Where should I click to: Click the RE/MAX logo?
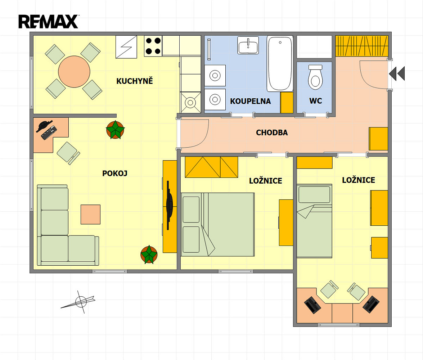tap(49, 22)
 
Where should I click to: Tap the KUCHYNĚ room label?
tap(135, 81)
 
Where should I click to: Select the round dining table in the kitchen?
tap(74, 72)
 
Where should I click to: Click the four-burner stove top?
tap(153, 46)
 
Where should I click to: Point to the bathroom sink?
tap(248, 45)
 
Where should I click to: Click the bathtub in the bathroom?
tap(280, 64)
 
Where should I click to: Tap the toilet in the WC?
tap(315, 77)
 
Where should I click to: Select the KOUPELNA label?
tap(250, 101)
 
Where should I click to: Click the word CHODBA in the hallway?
tap(272, 132)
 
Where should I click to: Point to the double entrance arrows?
tap(397, 73)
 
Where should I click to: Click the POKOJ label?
tap(114, 173)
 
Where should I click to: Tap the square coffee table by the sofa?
tap(91, 215)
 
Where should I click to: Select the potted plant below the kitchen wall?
tap(115, 130)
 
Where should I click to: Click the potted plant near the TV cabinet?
tap(149, 255)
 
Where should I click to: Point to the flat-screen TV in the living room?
tap(169, 206)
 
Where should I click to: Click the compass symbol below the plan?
tap(80, 301)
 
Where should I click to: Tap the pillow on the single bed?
tap(314, 194)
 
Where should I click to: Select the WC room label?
tap(315, 101)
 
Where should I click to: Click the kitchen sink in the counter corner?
tap(190, 103)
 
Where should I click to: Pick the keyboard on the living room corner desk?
tap(49, 132)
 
